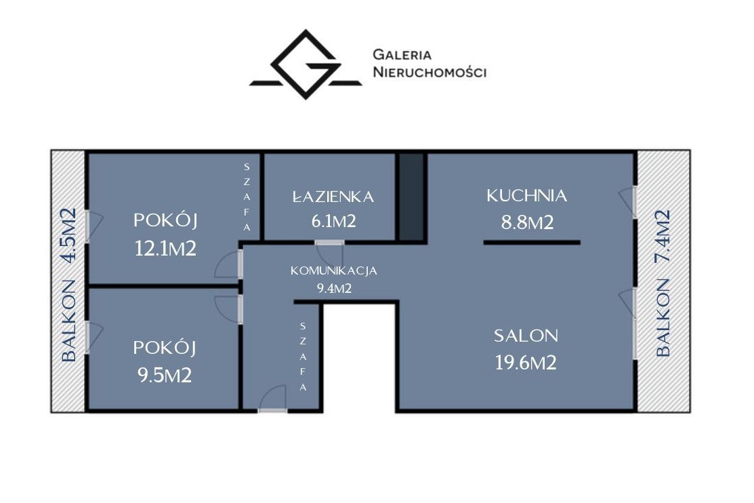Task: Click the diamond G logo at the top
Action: [x=306, y=65]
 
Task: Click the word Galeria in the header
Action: [x=402, y=54]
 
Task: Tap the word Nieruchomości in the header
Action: [x=430, y=73]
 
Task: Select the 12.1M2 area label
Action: [x=165, y=249]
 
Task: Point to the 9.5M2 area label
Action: [x=165, y=376]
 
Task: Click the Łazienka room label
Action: [x=333, y=196]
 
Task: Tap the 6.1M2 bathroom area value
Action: [x=334, y=222]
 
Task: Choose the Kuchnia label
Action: [x=527, y=195]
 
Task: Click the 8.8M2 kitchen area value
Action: [x=528, y=222]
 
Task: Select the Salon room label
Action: [x=526, y=336]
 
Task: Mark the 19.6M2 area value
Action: [x=526, y=363]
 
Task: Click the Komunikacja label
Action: [x=334, y=271]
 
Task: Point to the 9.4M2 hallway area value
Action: [x=334, y=289]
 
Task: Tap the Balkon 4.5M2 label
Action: [x=69, y=284]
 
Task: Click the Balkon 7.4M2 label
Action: [x=663, y=283]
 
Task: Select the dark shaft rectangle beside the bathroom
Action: [x=412, y=197]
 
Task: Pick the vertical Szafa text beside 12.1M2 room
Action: [x=247, y=197]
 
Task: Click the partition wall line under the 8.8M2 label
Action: [x=532, y=242]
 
